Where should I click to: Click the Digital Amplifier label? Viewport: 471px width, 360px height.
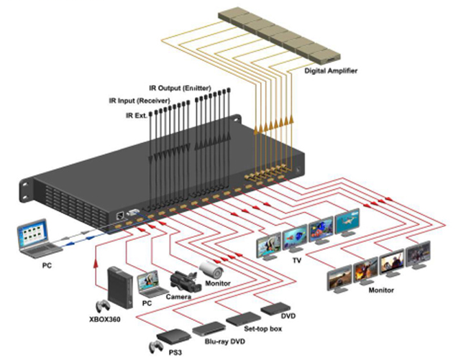pos(331,71)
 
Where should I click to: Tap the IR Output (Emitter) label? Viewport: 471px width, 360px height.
pos(180,88)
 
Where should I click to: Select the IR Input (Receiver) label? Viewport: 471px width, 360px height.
pos(140,101)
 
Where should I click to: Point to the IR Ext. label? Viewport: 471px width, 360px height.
pos(137,115)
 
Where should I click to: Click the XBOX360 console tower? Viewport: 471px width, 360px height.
pos(120,287)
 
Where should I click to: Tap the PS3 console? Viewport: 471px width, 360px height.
pos(174,336)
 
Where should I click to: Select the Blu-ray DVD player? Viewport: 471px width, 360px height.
pos(209,328)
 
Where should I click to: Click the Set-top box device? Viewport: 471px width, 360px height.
pos(243,318)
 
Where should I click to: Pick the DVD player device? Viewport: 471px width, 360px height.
pos(275,308)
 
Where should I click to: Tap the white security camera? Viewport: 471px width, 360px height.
pos(211,269)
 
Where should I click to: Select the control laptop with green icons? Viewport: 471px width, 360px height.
pos(37,239)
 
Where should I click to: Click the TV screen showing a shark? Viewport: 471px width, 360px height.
pos(347,221)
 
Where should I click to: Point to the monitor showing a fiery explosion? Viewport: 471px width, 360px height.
pos(365,270)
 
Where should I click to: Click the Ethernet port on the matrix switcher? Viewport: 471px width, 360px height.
pos(121,215)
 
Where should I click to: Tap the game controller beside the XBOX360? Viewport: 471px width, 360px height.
pos(103,306)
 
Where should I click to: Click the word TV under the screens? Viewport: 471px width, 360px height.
pos(297,260)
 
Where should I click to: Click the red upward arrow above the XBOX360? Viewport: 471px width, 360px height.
pos(96,264)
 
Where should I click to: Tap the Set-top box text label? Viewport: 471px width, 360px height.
pos(263,329)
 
